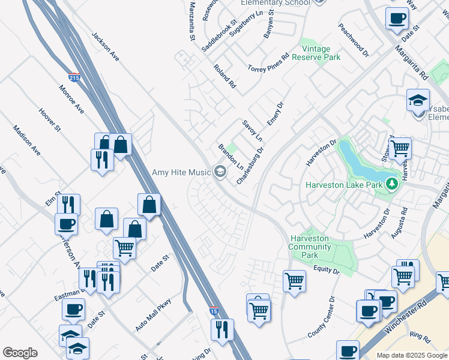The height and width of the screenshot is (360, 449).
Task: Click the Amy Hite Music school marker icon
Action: click(220, 172)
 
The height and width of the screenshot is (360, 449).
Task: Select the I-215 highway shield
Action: click(74, 77)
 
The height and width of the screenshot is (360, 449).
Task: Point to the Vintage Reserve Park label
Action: click(321, 53)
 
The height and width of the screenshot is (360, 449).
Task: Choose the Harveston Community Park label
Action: click(309, 247)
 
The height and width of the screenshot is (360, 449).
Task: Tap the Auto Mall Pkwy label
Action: click(153, 315)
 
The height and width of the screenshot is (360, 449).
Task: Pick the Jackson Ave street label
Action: click(106, 46)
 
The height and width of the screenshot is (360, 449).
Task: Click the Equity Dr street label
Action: click(326, 271)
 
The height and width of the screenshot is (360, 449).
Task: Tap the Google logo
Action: click(20, 353)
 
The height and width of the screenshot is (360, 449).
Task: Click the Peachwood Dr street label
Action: click(353, 40)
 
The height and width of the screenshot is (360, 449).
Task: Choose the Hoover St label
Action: click(50, 119)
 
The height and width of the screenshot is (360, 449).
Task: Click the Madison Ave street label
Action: click(26, 140)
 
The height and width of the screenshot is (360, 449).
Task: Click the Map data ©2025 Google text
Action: click(412, 355)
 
